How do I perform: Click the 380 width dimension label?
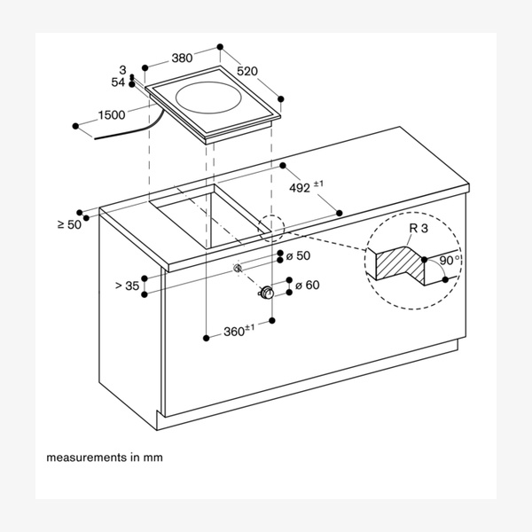pyautogui.click(x=182, y=59)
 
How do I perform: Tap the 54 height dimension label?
pyautogui.click(x=118, y=82)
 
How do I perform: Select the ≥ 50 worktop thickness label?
pyautogui.click(x=68, y=224)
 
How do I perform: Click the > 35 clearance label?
pyautogui.click(x=128, y=286)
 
